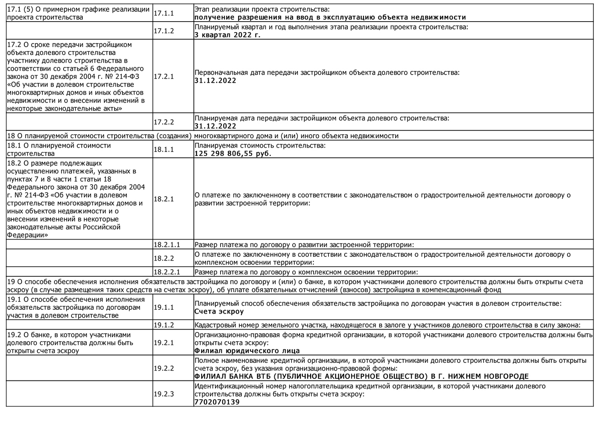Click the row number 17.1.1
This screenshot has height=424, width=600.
(x=163, y=13)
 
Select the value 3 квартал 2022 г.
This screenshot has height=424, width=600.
(x=227, y=35)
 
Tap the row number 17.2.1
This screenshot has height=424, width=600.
(x=163, y=77)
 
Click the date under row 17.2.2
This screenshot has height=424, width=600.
(x=215, y=126)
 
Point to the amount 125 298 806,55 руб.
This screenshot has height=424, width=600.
(x=233, y=154)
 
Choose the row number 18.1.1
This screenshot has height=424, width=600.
(x=163, y=150)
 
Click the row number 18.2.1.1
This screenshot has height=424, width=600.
(x=166, y=245)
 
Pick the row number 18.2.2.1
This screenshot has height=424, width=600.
(x=166, y=272)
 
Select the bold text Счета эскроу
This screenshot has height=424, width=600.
(x=219, y=311)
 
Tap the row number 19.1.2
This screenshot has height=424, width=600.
(x=163, y=325)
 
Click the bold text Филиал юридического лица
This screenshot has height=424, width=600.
(x=247, y=351)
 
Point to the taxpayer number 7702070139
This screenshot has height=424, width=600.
(x=217, y=402)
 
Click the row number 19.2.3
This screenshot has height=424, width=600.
(x=163, y=394)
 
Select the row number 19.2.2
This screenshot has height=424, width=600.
(x=163, y=368)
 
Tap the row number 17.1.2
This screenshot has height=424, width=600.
(x=163, y=31)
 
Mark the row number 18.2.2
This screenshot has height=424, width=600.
(x=163, y=258)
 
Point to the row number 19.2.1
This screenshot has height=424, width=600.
(x=163, y=343)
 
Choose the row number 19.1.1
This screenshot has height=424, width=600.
(x=163, y=307)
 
